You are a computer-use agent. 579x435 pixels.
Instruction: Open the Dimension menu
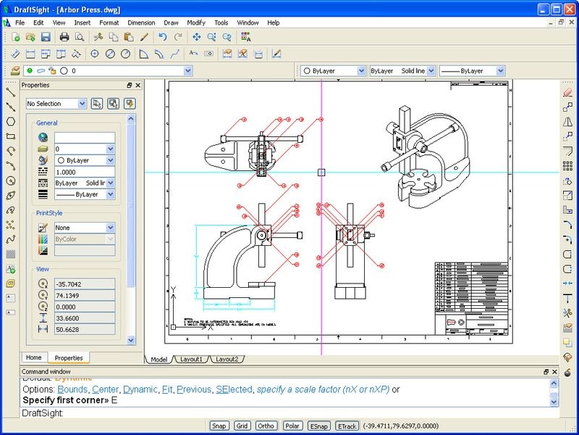(141, 22)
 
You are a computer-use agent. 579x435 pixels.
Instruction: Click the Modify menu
(196, 22)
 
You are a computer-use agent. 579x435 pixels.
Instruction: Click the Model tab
(159, 359)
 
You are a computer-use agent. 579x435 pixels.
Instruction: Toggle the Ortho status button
(266, 426)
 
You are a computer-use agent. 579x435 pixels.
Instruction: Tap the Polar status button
(292, 426)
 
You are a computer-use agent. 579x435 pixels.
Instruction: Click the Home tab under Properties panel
(33, 357)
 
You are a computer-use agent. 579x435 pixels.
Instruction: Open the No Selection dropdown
(56, 104)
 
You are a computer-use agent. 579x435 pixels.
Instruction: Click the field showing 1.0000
(84, 172)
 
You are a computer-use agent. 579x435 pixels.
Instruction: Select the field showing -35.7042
(84, 284)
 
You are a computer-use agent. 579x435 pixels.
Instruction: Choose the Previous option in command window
(194, 389)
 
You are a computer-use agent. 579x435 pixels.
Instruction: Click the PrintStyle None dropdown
(84, 228)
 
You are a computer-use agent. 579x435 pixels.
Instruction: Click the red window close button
(569, 9)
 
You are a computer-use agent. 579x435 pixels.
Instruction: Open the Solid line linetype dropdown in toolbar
(402, 71)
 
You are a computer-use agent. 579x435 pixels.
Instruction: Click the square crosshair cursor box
(321, 173)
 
